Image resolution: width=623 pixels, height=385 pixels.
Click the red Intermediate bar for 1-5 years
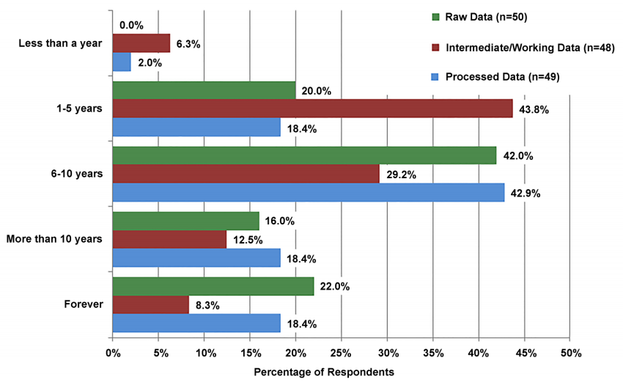tap(312, 109)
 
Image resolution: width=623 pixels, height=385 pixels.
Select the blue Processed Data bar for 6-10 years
tap(308, 193)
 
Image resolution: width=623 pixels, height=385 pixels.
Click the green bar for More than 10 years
tap(185, 221)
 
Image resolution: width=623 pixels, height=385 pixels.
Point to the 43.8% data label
tap(534, 109)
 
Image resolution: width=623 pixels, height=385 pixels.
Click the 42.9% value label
tap(526, 194)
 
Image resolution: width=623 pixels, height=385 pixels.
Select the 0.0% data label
tap(130, 25)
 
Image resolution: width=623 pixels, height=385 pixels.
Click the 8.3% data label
tap(209, 305)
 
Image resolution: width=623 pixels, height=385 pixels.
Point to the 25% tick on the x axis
tap(341, 353)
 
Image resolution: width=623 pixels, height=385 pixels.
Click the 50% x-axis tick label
tap(570, 353)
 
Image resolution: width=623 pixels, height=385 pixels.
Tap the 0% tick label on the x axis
tap(113, 353)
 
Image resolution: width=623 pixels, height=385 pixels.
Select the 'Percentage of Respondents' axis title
tap(323, 373)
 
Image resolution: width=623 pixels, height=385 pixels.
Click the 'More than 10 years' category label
tap(54, 239)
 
